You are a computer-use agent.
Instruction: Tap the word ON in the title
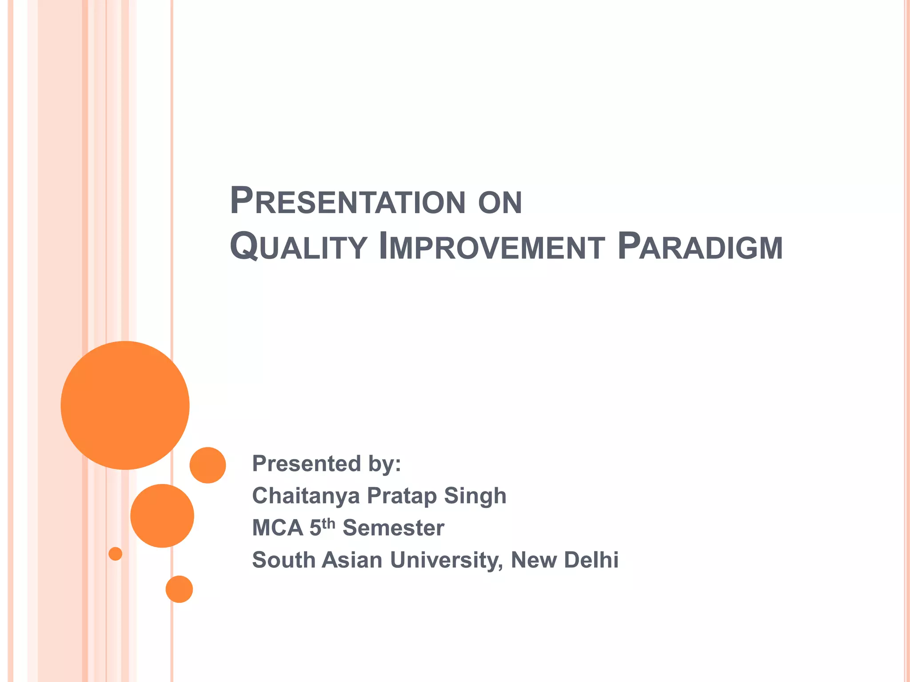pyautogui.click(x=500, y=203)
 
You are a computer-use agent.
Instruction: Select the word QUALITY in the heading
pyautogui.click(x=298, y=247)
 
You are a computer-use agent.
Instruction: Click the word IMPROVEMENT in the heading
pyautogui.click(x=491, y=247)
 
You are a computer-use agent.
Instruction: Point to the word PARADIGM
pyautogui.click(x=700, y=247)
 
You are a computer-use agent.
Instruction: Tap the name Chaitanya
pyautogui.click(x=306, y=496)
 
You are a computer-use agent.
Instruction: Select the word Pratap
pyautogui.click(x=402, y=496)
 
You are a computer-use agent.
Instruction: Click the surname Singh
pyautogui.click(x=475, y=496)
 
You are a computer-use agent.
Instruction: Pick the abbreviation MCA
pyautogui.click(x=277, y=528)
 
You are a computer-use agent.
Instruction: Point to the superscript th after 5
pyautogui.click(x=328, y=523)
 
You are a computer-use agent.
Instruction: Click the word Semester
pyautogui.click(x=393, y=528)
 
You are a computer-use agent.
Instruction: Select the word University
pyautogui.click(x=447, y=560)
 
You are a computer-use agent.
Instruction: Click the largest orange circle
pyautogui.click(x=125, y=405)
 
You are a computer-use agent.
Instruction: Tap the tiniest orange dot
pyautogui.click(x=116, y=554)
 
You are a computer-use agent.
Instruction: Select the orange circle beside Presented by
pyautogui.click(x=208, y=465)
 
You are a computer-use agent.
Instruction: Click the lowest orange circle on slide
pyautogui.click(x=179, y=589)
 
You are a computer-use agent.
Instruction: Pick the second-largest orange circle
pyautogui.click(x=162, y=515)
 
